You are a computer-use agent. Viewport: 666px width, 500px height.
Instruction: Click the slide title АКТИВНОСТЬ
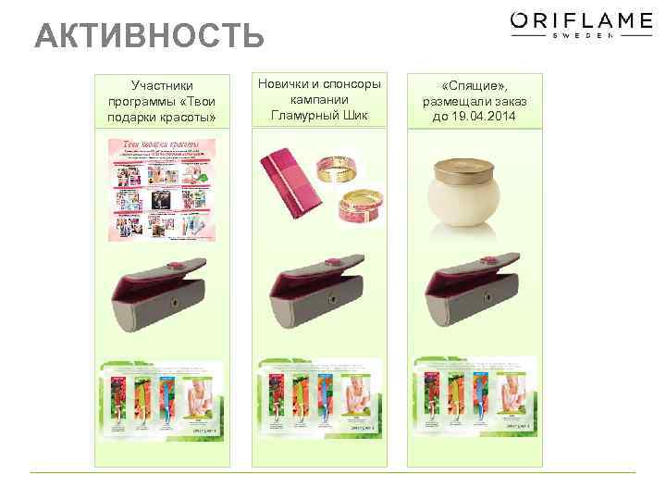tap(149, 37)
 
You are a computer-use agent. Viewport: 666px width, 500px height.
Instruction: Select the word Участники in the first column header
tap(162, 85)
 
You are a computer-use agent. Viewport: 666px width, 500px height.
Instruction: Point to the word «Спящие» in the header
tap(472, 85)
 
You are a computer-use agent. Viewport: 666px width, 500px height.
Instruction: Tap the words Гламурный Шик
tap(319, 115)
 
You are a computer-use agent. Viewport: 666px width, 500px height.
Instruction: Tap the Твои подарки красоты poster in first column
tap(162, 190)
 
